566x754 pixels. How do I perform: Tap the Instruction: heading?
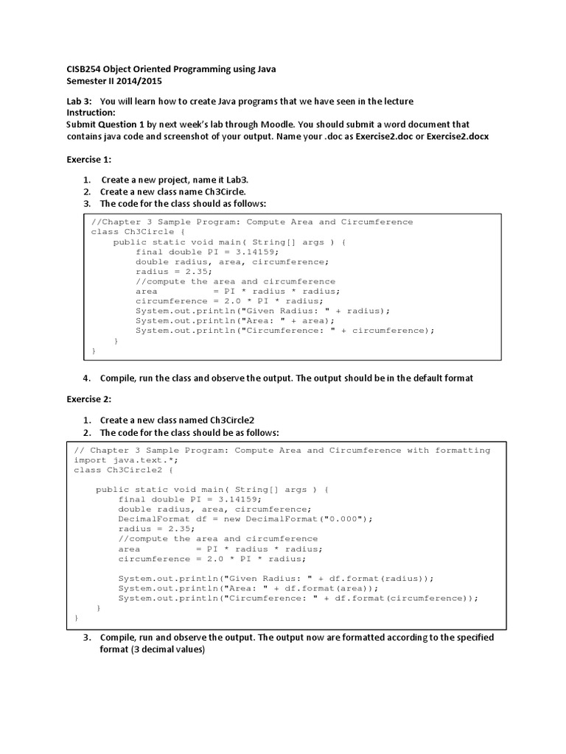(91, 113)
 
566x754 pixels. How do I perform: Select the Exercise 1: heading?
(89, 159)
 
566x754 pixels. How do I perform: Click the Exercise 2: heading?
(89, 398)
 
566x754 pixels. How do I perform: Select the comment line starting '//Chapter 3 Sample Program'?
(251, 222)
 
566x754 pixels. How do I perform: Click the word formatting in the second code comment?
(463, 450)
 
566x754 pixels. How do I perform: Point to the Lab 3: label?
(79, 101)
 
